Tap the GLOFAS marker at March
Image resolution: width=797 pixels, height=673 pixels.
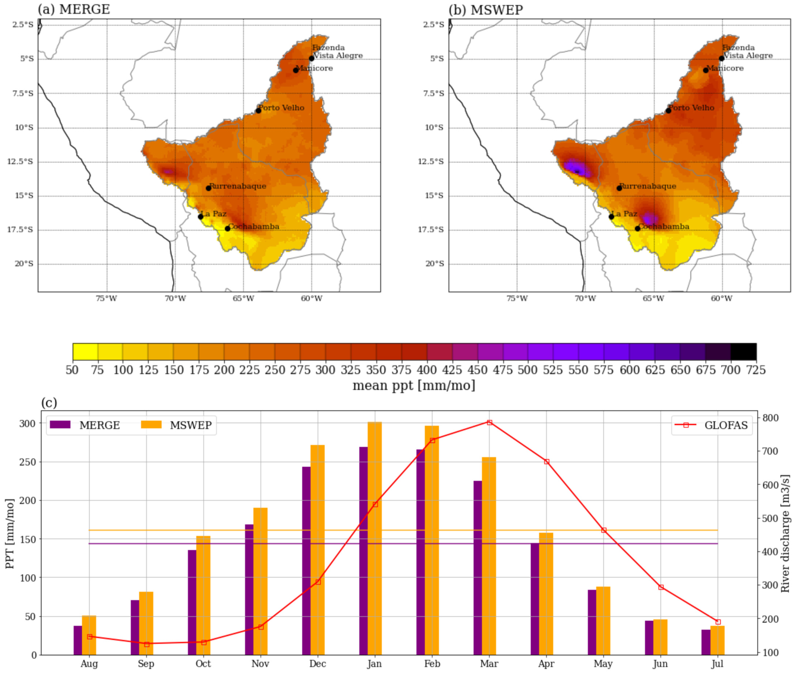point(489,422)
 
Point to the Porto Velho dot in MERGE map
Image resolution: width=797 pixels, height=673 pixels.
point(258,111)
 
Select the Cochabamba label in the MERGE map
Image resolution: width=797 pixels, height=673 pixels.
point(254,227)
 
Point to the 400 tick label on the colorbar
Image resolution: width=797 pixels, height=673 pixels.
point(427,370)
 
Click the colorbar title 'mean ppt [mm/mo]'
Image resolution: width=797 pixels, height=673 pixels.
point(414,386)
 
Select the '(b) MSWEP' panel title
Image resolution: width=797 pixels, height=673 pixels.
point(486,9)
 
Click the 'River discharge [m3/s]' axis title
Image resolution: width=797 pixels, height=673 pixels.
point(785,533)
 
